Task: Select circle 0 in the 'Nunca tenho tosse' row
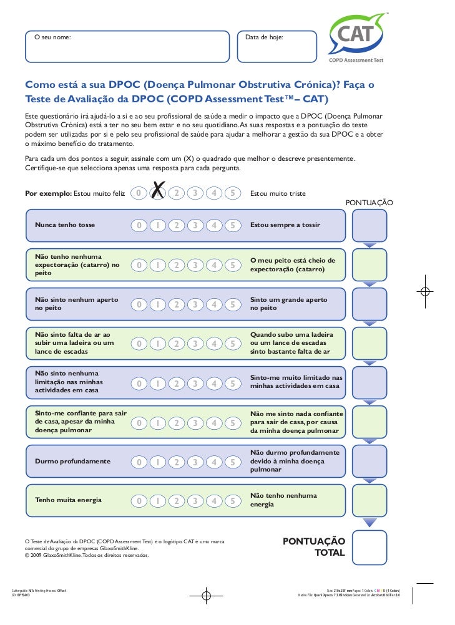pos(140,225)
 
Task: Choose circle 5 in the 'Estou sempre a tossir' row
pos(232,225)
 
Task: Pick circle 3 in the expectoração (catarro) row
pos(195,265)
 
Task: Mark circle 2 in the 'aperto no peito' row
pos(177,304)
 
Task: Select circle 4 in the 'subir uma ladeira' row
pos(214,344)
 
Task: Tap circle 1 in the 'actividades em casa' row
pos(159,383)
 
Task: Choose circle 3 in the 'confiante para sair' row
pos(195,423)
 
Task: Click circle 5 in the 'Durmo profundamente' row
pos(232,462)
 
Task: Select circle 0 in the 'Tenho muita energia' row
pos(140,500)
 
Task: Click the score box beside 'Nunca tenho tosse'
pos(369,225)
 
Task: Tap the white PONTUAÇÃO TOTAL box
pos(369,547)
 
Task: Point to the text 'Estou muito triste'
pos(278,193)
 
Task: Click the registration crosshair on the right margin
pos(424,291)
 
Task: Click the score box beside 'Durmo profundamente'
pos(369,462)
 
